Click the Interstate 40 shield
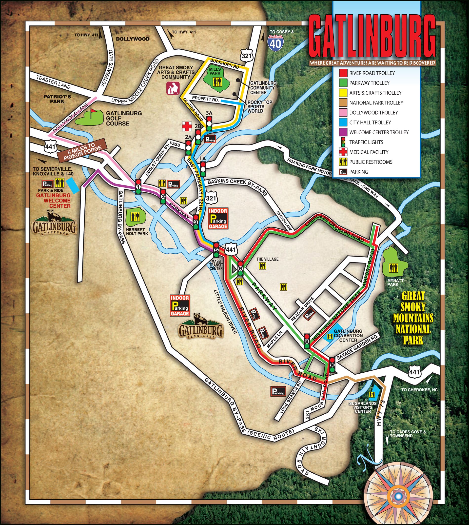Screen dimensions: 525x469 [x=275, y=42]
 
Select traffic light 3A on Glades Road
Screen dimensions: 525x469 [x=209, y=124]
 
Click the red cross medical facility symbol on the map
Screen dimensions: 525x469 [x=187, y=126]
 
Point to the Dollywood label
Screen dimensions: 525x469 [x=133, y=39]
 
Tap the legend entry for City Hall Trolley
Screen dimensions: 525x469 [x=370, y=122]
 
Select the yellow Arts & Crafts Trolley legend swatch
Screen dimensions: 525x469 [x=344, y=93]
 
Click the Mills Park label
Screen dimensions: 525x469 [x=215, y=71]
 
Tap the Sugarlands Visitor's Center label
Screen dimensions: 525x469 [x=363, y=407]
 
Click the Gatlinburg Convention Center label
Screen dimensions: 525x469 [x=348, y=336]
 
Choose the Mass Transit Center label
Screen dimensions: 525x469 [x=216, y=265]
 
